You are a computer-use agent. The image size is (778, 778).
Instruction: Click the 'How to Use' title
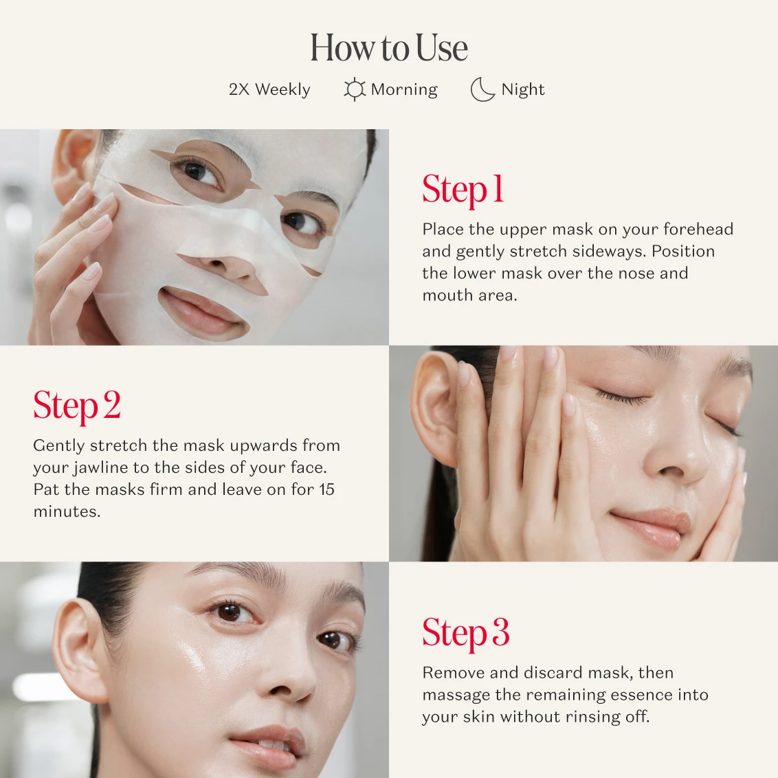click(389, 47)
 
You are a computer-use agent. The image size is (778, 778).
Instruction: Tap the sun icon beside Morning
click(355, 89)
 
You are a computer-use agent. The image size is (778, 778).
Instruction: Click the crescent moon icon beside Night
click(482, 89)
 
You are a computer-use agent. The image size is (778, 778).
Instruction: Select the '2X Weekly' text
click(269, 89)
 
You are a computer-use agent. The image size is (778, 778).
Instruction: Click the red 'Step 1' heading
click(463, 190)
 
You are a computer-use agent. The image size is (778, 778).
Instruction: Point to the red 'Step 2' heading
click(77, 406)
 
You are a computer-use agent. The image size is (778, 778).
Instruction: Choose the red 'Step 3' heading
click(466, 633)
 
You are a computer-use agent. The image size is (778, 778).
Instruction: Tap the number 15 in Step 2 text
click(326, 489)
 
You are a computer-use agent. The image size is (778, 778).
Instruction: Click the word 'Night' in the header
click(523, 89)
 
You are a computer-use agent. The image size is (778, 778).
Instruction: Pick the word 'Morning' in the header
click(404, 89)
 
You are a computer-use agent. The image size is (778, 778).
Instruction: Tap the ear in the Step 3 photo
click(80, 650)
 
